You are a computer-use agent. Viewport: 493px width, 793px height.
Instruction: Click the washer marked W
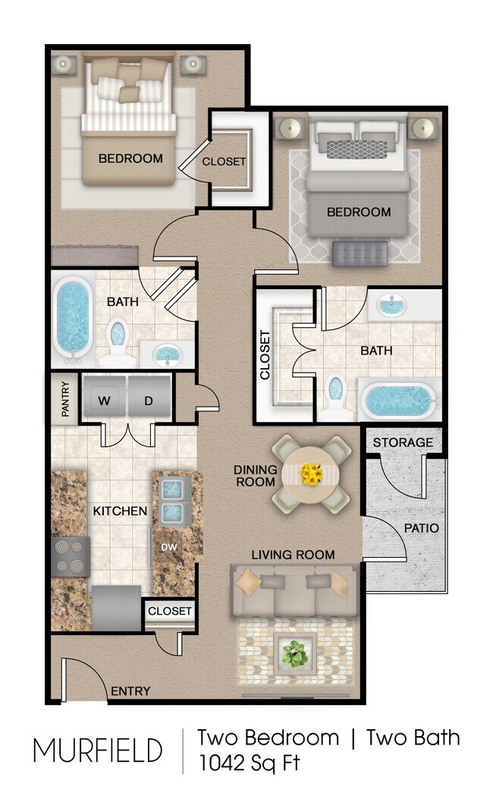point(104,399)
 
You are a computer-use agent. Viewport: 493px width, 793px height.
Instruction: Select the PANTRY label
point(65,398)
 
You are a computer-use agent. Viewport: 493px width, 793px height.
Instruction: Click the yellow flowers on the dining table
point(311,474)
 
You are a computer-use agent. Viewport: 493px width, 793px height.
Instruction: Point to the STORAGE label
point(403,442)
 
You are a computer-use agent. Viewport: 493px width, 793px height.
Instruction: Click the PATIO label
point(421,527)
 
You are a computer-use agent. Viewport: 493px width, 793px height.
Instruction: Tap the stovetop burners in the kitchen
point(70,556)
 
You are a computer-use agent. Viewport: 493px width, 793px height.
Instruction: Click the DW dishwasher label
point(168,546)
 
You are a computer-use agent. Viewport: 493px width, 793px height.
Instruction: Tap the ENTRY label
point(130,691)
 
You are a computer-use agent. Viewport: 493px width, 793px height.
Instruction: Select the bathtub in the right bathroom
point(397,400)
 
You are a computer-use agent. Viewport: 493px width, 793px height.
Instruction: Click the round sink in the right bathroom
point(391,307)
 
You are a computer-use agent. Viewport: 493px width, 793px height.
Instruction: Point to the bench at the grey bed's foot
point(360,253)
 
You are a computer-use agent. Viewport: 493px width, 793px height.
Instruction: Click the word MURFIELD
point(97,750)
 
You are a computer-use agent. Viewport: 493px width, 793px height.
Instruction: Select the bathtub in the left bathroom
point(74,319)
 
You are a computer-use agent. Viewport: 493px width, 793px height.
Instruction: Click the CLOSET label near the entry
point(170,611)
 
